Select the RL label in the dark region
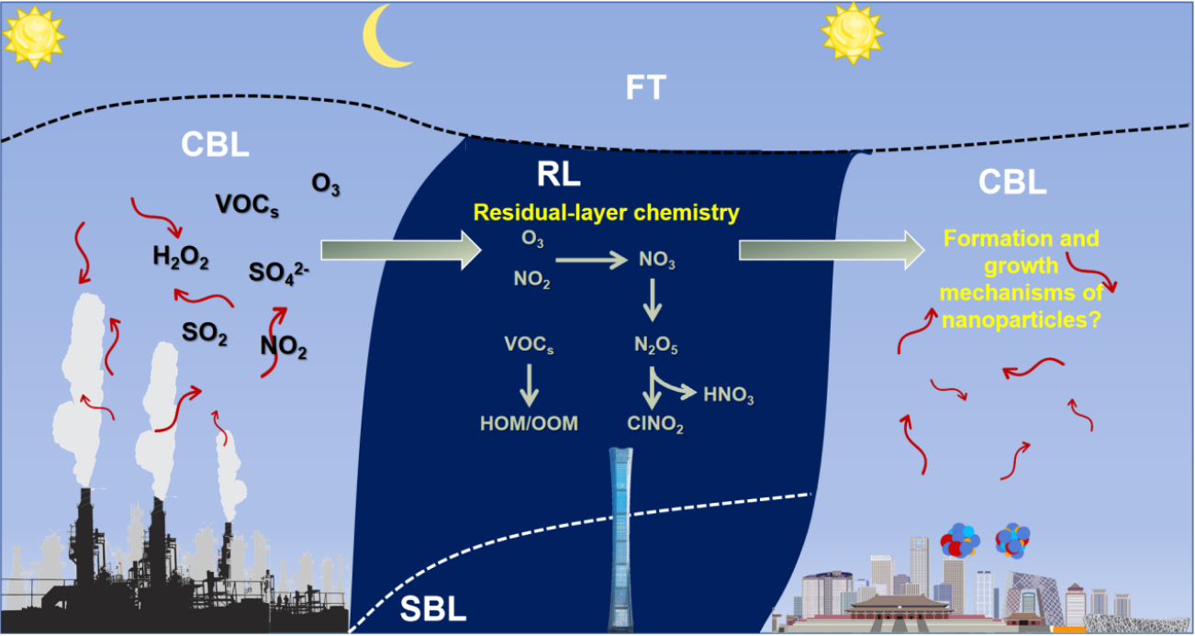click(559, 175)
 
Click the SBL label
click(433, 608)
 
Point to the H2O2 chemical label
click(181, 260)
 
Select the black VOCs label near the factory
click(247, 204)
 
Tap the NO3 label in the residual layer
click(657, 262)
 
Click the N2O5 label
click(655, 346)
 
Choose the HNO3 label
click(729, 396)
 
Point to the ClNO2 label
click(655, 424)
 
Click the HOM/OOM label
click(530, 424)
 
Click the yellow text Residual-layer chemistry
click(606, 213)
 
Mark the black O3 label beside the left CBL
click(326, 184)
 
